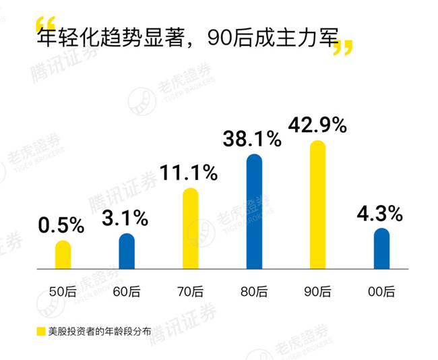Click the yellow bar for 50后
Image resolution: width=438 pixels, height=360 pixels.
coord(63,255)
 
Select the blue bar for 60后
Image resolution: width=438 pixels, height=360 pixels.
coord(127,251)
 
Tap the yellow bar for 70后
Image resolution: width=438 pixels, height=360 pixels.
coord(191,229)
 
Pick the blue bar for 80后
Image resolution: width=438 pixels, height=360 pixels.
coord(254,212)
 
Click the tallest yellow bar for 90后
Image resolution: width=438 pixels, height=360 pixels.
coord(317,205)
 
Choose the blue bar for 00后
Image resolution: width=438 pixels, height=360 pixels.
coord(381,249)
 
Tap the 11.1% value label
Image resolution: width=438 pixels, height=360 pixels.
coord(189,173)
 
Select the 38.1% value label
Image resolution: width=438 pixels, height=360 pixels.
coord(252,139)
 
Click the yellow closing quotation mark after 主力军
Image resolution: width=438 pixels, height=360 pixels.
coord(344,47)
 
